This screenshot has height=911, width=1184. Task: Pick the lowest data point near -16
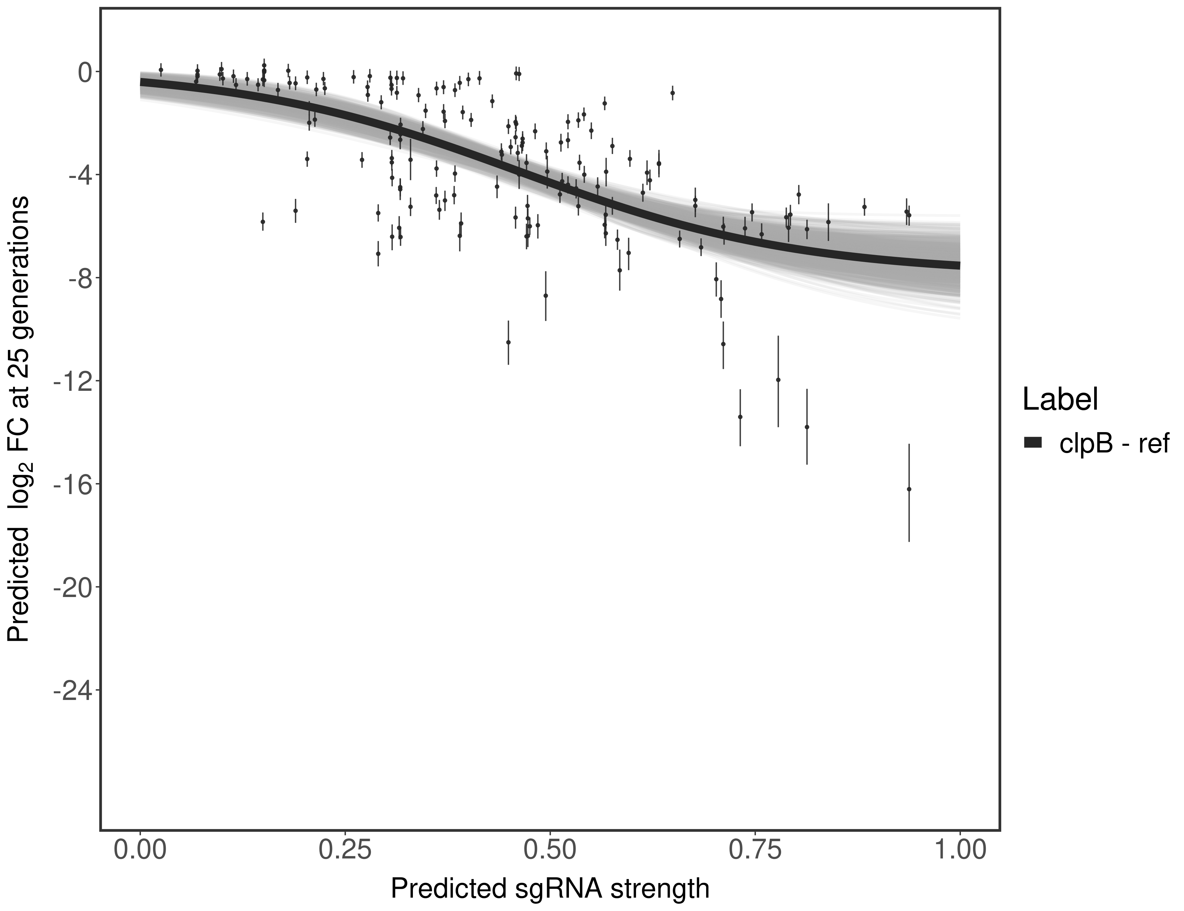coord(909,489)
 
